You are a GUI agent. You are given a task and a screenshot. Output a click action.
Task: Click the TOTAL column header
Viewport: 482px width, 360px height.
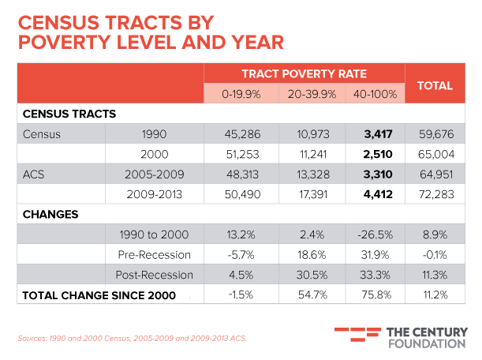434,84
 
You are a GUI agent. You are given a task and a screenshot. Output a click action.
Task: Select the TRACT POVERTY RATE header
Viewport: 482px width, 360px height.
304,74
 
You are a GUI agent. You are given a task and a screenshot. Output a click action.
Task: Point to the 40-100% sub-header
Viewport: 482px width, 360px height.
374,94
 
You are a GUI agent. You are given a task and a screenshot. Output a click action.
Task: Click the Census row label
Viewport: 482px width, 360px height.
42,134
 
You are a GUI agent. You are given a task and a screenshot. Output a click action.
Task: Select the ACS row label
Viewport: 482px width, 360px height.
33,174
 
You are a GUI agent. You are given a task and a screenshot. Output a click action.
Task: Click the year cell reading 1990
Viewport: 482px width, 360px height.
154,134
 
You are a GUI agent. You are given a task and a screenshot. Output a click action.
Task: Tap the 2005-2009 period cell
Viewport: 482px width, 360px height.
154,174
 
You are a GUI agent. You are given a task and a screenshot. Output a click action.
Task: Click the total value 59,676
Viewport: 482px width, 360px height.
434,134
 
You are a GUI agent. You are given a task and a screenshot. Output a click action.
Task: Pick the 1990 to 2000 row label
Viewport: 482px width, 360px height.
154,234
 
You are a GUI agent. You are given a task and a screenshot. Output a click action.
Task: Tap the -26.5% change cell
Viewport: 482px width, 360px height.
375,234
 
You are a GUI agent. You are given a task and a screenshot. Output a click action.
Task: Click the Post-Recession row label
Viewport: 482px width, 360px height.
154,275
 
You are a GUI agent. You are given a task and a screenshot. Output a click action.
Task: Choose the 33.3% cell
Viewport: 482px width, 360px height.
375,275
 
